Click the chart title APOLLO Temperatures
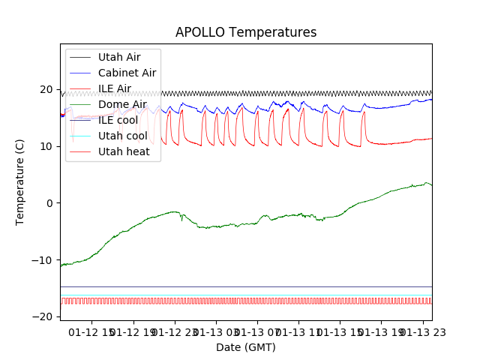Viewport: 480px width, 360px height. (246, 32)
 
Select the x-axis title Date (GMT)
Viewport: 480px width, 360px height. (246, 347)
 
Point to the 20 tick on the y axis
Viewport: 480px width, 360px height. (46, 89)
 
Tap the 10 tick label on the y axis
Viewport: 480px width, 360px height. (46, 146)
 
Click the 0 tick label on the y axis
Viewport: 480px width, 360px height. (49, 203)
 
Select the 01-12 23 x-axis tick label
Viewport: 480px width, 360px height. (175, 331)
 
